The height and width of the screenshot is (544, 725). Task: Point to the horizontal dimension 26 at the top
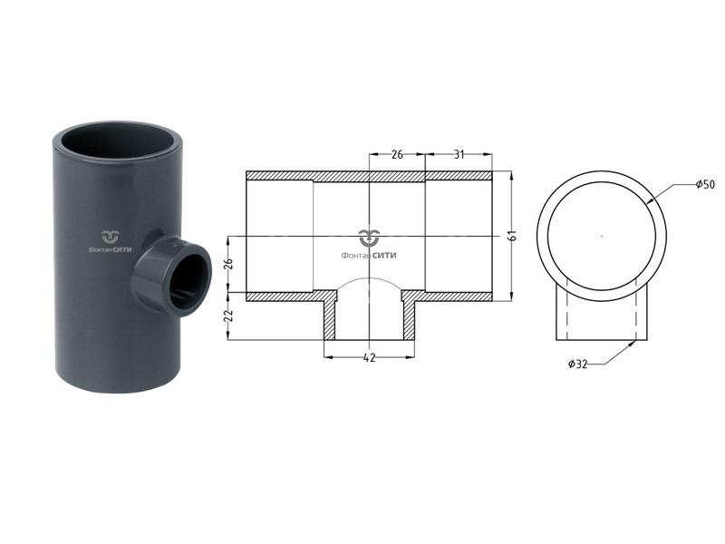point(397,155)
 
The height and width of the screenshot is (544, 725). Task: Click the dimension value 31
point(459,155)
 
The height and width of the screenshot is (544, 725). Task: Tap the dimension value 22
point(228,316)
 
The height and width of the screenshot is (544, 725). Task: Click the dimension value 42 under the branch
point(369,358)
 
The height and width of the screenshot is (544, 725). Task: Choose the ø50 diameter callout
point(704,185)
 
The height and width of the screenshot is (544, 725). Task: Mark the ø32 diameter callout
point(578,364)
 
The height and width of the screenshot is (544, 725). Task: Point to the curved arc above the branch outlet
point(369,285)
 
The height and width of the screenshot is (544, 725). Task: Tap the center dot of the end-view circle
point(602,236)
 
